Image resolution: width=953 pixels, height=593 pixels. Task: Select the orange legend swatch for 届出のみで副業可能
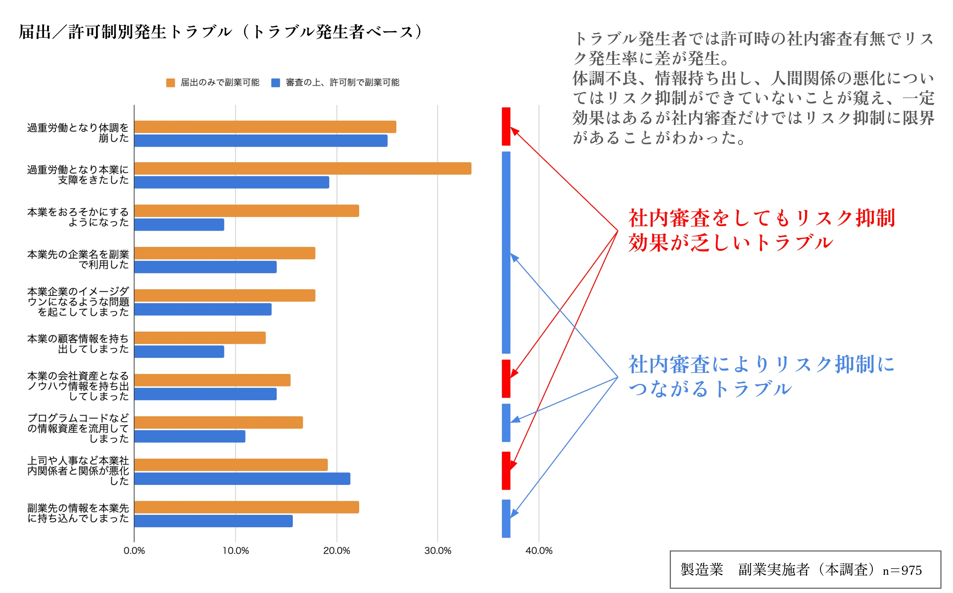(x=170, y=83)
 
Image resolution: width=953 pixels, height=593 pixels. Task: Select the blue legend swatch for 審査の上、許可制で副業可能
(x=276, y=83)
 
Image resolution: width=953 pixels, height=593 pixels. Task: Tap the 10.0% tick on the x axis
(x=236, y=551)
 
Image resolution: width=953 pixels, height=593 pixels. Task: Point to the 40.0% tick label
(x=539, y=551)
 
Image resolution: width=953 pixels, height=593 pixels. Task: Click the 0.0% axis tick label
(x=134, y=551)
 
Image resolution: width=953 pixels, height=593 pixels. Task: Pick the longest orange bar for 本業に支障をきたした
(x=302, y=169)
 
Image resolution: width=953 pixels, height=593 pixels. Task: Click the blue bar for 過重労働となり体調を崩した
(x=260, y=141)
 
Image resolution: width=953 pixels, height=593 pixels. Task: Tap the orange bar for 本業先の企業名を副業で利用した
(x=225, y=253)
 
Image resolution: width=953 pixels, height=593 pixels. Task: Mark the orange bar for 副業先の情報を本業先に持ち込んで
(x=246, y=507)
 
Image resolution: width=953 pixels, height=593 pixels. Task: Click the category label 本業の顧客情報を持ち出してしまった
(x=78, y=344)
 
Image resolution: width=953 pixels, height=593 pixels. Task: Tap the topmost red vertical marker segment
(x=506, y=126)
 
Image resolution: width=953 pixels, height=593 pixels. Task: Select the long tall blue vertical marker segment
(x=506, y=252)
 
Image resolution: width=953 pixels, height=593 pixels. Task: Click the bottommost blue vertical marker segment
(x=506, y=519)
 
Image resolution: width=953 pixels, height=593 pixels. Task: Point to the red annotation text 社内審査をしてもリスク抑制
(x=761, y=218)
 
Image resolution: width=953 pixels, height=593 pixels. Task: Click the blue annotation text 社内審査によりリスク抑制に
(x=761, y=364)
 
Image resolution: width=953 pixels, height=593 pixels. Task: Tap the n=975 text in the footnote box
(x=902, y=570)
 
